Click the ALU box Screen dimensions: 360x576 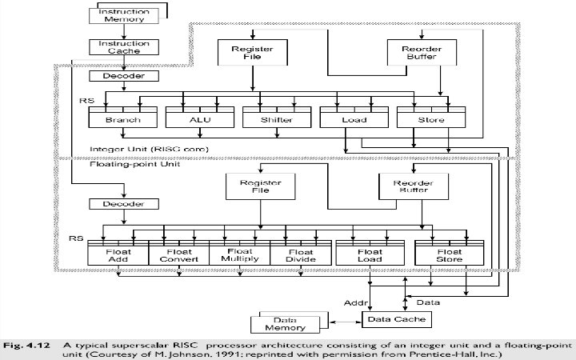point(194,120)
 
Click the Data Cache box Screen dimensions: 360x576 point(398,319)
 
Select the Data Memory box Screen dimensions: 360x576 point(289,323)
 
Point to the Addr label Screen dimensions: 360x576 point(354,303)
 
